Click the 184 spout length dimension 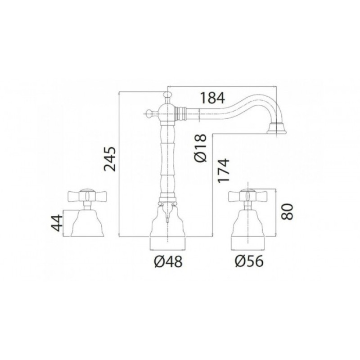coord(212,98)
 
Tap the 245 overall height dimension coord(110,159)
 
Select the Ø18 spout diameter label coord(201,148)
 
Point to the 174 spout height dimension coord(223,171)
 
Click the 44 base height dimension coord(57,223)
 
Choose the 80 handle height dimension coord(287,212)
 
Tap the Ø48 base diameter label coord(168,262)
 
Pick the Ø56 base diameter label coord(249,261)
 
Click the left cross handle coord(87,196)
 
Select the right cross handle coord(248,196)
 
